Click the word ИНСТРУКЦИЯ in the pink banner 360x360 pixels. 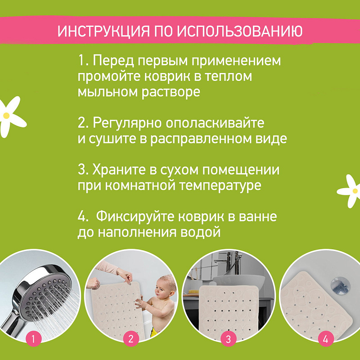(104, 31)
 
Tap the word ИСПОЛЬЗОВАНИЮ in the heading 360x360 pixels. (239, 31)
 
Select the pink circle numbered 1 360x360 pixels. (33, 339)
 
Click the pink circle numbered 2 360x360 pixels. (131, 339)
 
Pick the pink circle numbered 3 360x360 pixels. (228, 339)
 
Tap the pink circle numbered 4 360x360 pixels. (325, 339)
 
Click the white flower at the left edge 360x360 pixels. (10, 117)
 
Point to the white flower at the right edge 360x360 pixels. (350, 191)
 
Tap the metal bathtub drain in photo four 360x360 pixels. (340, 285)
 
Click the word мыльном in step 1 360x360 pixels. (108, 92)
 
